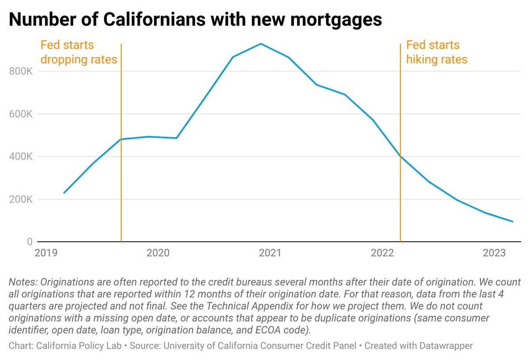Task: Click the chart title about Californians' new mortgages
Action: click(195, 20)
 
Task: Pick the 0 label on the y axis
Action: click(30, 241)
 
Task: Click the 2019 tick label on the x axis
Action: click(46, 253)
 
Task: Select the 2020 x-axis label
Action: click(158, 253)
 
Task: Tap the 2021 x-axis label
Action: click(270, 253)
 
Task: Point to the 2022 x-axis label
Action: click(382, 253)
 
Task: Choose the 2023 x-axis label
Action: click(494, 253)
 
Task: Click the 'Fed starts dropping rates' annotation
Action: click(78, 52)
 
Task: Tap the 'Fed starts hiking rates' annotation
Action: click(436, 52)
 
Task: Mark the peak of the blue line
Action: click(261, 43)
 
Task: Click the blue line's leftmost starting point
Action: click(64, 193)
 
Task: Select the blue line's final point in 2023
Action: click(512, 221)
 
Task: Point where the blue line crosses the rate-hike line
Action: click(400, 156)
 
